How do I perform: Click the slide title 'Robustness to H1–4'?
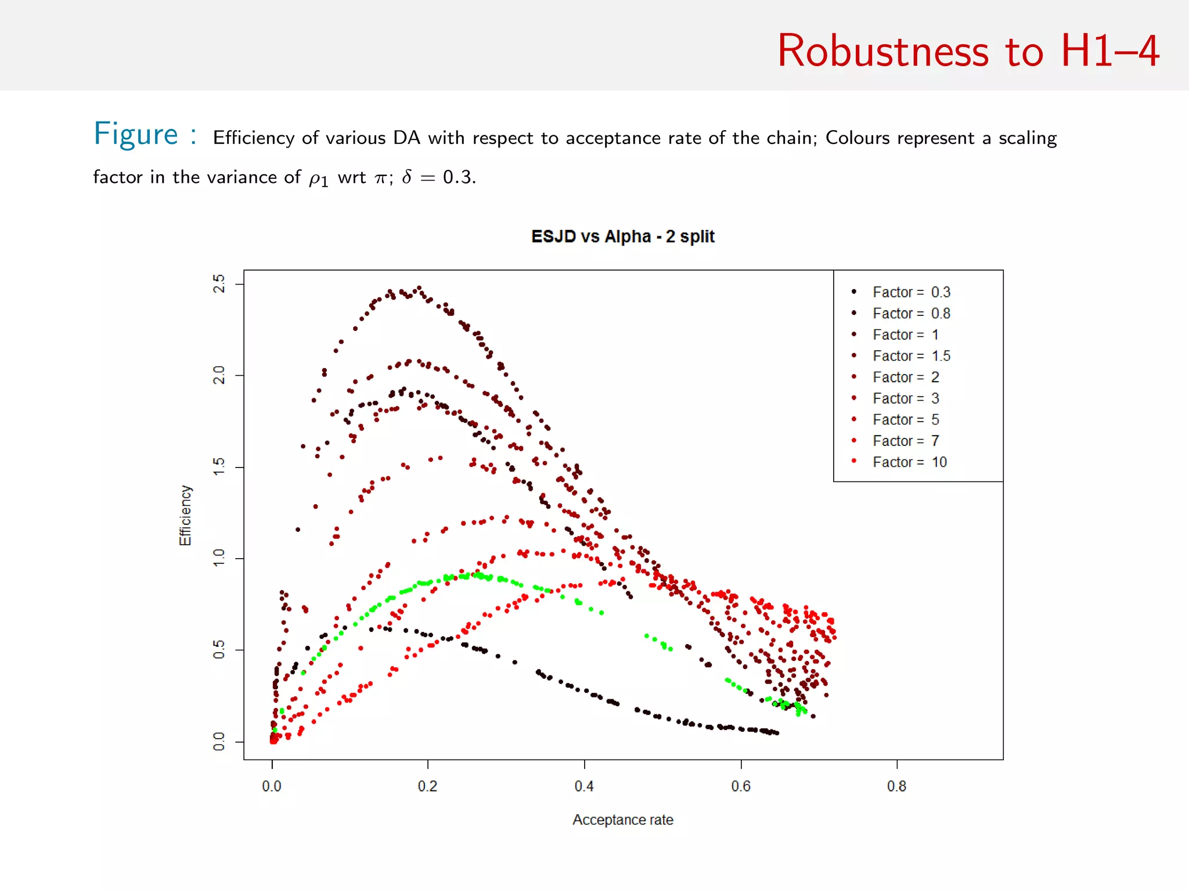pos(968,51)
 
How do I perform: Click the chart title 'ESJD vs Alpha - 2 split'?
pos(622,236)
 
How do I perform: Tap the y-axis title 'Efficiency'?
pos(185,515)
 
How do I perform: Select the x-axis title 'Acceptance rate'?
pos(622,819)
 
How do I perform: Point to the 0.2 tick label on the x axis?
pos(427,786)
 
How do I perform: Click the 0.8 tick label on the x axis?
pos(896,786)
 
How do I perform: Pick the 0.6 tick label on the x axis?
pos(740,786)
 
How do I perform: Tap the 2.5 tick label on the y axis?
pos(219,284)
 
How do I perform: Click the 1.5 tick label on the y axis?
pos(219,467)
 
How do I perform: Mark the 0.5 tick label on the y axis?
pos(219,650)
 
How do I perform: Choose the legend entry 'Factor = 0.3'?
pos(911,292)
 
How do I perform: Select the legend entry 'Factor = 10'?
pos(909,462)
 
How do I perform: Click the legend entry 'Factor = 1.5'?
pos(911,356)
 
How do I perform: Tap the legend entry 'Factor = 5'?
pos(905,420)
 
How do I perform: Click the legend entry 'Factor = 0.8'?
pos(911,314)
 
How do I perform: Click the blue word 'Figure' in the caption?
pos(136,135)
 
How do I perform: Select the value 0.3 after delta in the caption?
pos(458,177)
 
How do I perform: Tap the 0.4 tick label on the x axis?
pos(583,786)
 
